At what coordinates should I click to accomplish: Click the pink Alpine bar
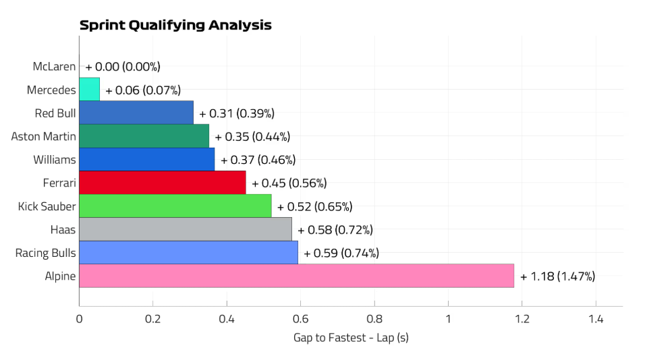(x=296, y=276)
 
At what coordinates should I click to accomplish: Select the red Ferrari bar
(x=163, y=183)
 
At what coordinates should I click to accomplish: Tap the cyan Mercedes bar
(x=89, y=90)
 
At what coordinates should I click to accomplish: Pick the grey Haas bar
(x=186, y=229)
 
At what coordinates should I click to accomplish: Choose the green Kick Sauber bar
(x=175, y=206)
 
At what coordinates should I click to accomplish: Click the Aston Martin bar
(x=144, y=136)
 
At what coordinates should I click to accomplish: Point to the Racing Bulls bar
(x=188, y=253)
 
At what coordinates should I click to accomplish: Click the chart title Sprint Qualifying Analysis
(x=175, y=26)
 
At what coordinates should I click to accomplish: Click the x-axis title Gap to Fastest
(x=351, y=337)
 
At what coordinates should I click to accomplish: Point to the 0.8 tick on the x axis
(x=374, y=319)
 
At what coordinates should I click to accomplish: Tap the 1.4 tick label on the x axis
(x=596, y=319)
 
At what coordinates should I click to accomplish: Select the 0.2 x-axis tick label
(x=153, y=319)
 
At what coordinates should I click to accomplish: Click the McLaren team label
(x=54, y=67)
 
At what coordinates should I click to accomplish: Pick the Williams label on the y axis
(x=55, y=160)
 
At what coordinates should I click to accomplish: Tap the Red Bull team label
(x=55, y=113)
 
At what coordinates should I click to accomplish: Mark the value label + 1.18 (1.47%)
(x=557, y=276)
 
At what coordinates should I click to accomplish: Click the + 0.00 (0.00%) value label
(x=123, y=67)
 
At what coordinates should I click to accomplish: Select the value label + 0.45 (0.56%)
(x=289, y=183)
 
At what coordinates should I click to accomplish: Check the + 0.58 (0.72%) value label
(x=335, y=230)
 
